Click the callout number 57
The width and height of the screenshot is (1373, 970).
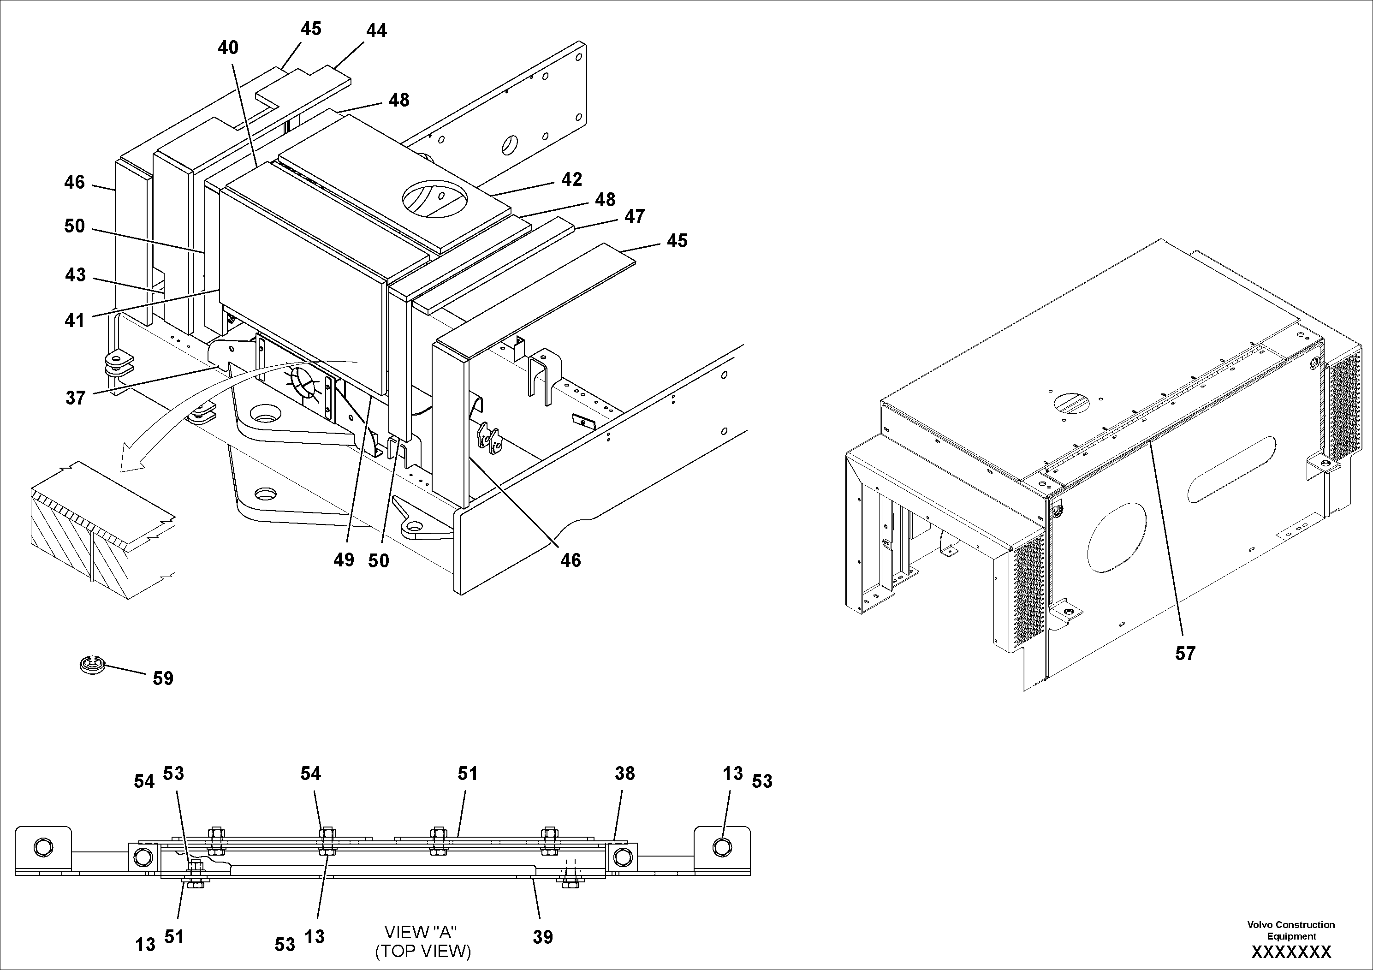[1185, 654]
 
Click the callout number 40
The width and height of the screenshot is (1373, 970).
[228, 48]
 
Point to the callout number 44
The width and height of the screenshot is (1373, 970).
[376, 30]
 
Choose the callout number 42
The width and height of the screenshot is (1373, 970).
[571, 179]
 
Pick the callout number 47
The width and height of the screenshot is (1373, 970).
[635, 216]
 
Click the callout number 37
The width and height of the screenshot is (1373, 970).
[75, 398]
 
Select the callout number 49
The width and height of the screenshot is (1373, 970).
[344, 560]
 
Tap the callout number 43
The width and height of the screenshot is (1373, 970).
[75, 275]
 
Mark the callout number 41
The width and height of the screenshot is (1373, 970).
[74, 321]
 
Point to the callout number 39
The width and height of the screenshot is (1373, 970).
[542, 937]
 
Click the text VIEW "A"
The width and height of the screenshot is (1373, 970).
[421, 932]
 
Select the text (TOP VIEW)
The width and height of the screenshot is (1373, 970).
[423, 951]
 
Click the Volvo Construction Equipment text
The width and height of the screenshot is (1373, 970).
[1290, 930]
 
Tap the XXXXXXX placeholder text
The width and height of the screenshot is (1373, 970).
[1291, 952]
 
